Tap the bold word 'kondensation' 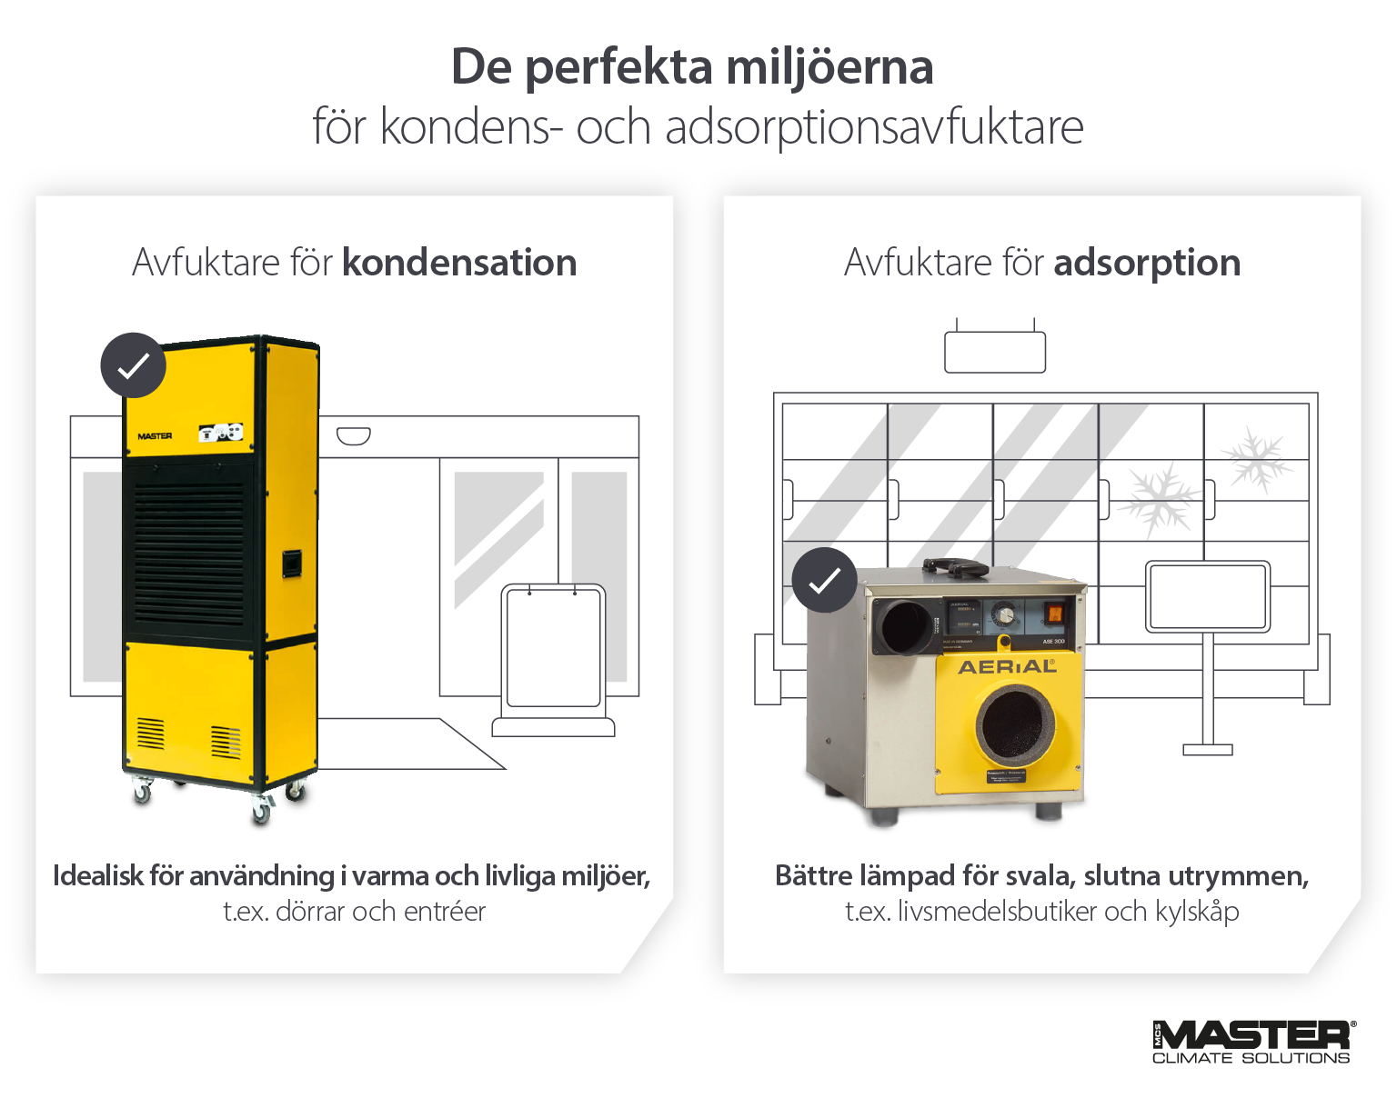point(459,263)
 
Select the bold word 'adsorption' point(1147,263)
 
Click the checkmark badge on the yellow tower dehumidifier point(134,365)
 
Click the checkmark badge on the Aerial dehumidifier point(824,580)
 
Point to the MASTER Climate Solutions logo point(1252,1042)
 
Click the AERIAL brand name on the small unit point(1007,667)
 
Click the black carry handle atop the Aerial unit point(956,567)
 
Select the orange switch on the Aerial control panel point(1053,614)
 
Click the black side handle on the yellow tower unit point(291,564)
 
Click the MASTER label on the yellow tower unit point(155,436)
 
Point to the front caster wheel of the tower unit point(261,812)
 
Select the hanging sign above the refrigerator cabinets point(995,352)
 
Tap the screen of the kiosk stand point(1208,596)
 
